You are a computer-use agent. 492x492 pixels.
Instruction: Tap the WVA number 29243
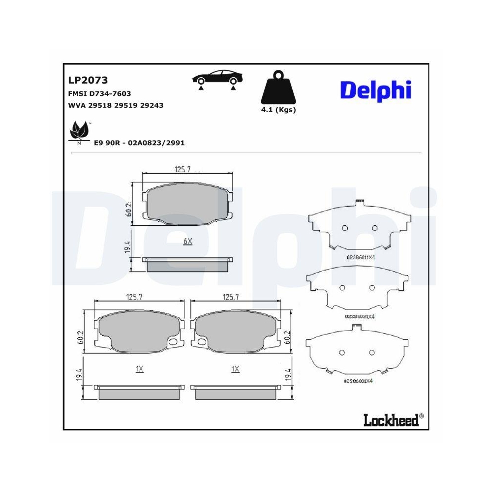point(153,105)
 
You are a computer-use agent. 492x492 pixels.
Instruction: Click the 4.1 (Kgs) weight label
point(278,110)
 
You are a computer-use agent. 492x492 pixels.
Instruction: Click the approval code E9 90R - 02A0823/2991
point(139,143)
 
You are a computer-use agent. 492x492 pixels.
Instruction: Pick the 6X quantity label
point(187,241)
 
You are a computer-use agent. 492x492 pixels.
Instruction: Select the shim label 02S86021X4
point(360,316)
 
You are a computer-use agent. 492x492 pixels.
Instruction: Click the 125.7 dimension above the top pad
point(183,170)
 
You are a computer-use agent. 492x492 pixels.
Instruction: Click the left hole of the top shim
point(344,227)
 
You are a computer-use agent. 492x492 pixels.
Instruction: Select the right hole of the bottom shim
point(372,352)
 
